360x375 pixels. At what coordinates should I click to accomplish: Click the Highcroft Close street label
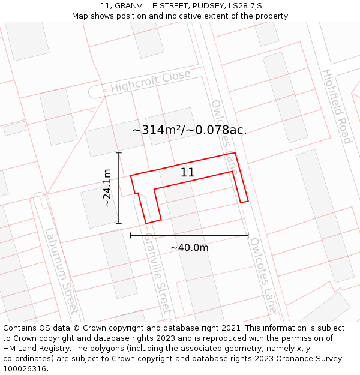[x=150, y=82]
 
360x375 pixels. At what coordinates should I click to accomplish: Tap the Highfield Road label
[x=336, y=106]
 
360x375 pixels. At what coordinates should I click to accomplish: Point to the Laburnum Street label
[x=61, y=271]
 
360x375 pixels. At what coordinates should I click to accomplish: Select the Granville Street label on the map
[x=157, y=274]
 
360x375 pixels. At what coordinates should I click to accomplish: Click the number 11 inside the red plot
[x=187, y=173]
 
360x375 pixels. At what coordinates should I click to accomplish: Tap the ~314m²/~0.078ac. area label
[x=189, y=130]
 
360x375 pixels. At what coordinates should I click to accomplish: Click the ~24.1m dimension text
[x=107, y=188]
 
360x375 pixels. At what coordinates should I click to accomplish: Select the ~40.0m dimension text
[x=189, y=248]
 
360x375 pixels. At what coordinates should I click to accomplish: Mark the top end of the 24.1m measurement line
[x=119, y=153]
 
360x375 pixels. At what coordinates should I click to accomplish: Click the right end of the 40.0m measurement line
[x=248, y=235]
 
